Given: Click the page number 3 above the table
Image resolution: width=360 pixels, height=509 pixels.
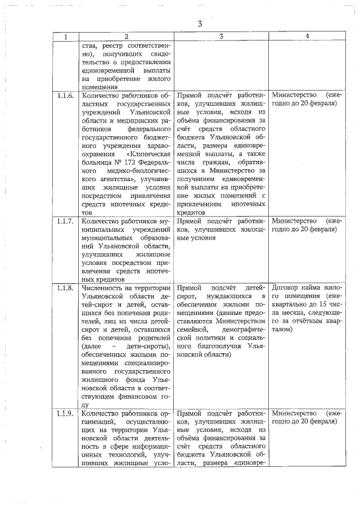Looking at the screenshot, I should (x=200, y=24).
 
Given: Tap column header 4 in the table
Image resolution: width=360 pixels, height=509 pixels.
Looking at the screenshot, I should (x=307, y=37).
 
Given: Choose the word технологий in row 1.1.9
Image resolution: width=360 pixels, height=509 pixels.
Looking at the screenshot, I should (x=110, y=455).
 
